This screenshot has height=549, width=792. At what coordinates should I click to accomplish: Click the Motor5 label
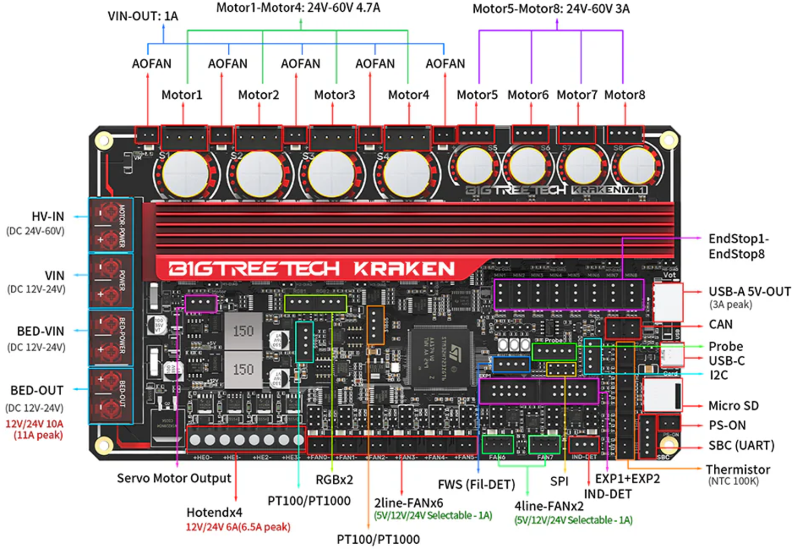477,95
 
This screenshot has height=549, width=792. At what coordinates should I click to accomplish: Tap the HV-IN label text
48,217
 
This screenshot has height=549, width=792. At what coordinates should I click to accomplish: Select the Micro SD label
733,406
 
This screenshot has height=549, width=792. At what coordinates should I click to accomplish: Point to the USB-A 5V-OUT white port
668,302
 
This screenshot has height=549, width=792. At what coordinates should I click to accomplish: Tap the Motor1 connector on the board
184,138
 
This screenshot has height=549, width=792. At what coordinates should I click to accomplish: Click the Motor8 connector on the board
625,134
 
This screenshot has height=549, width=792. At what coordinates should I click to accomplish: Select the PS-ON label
727,425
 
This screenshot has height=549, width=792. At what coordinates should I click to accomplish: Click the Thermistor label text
737,470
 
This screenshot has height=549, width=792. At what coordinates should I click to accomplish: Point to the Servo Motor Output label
174,478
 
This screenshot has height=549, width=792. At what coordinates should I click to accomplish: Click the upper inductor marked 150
243,331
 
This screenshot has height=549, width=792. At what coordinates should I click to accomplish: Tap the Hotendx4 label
214,513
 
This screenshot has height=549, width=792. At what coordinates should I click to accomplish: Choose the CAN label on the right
720,324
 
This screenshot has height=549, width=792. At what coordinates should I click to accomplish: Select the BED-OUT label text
37,390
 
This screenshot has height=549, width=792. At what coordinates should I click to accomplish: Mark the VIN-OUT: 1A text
143,16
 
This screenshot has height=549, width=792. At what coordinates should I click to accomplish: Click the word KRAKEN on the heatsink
404,269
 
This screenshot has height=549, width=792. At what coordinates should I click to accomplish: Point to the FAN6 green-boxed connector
498,444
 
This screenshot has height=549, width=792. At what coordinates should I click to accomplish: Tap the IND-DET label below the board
608,494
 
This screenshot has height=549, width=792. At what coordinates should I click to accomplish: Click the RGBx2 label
334,480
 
